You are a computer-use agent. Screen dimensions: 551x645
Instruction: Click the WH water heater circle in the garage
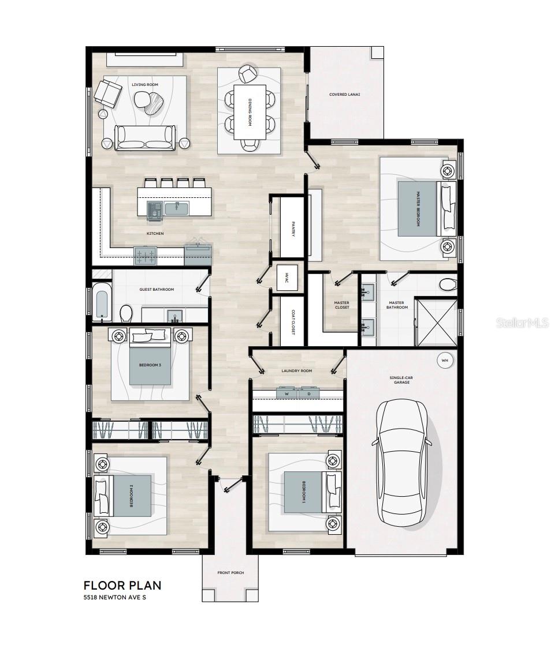[x=445, y=361]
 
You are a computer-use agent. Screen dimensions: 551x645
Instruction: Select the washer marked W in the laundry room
[x=286, y=393]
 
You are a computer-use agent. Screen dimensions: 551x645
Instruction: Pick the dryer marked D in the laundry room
[x=309, y=393]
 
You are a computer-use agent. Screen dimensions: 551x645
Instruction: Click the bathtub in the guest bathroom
[x=101, y=301]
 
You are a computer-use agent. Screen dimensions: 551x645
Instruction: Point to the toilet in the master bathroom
[x=448, y=284]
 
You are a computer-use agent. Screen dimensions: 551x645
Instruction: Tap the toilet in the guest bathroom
[x=126, y=314]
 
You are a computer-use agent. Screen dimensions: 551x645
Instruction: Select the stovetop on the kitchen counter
[x=146, y=256]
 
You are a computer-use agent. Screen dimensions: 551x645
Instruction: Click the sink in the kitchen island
[x=177, y=208]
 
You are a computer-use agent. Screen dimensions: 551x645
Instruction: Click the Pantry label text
[x=293, y=229]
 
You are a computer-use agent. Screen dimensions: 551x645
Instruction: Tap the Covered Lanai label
[x=345, y=94]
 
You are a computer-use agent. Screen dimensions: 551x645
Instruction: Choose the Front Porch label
[x=230, y=573]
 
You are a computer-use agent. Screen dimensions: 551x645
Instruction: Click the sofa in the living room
[x=144, y=137]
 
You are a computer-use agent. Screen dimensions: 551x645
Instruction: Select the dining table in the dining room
[x=250, y=112]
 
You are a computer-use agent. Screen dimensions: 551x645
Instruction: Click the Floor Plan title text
[x=122, y=586]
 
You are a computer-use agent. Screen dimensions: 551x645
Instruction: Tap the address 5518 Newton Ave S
[x=114, y=597]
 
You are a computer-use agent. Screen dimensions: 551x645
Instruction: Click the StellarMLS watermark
[x=522, y=322]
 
